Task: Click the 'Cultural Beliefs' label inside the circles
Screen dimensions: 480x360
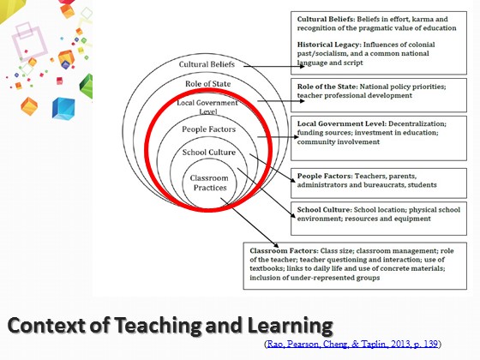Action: (x=207, y=64)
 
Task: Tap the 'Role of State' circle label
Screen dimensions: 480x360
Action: (x=207, y=84)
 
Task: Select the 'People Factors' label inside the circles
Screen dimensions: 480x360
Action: (x=209, y=129)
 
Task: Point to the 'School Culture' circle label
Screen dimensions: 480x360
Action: (x=209, y=153)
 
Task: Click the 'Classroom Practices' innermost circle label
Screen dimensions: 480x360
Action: (x=209, y=183)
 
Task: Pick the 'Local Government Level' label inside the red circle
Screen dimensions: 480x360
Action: (x=207, y=107)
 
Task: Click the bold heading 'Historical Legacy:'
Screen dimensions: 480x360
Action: (x=329, y=45)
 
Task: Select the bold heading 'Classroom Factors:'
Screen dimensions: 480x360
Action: (x=284, y=250)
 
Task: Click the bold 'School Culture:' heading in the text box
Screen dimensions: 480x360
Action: (x=325, y=210)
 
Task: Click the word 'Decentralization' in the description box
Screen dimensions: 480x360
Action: (x=417, y=123)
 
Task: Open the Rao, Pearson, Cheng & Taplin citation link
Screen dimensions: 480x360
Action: (x=352, y=344)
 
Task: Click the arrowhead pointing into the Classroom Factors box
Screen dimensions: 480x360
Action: (x=275, y=245)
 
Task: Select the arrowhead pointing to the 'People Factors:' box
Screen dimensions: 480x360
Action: (x=292, y=180)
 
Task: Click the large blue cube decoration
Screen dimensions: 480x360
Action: (x=63, y=108)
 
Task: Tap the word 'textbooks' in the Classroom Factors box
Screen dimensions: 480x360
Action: (x=264, y=268)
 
